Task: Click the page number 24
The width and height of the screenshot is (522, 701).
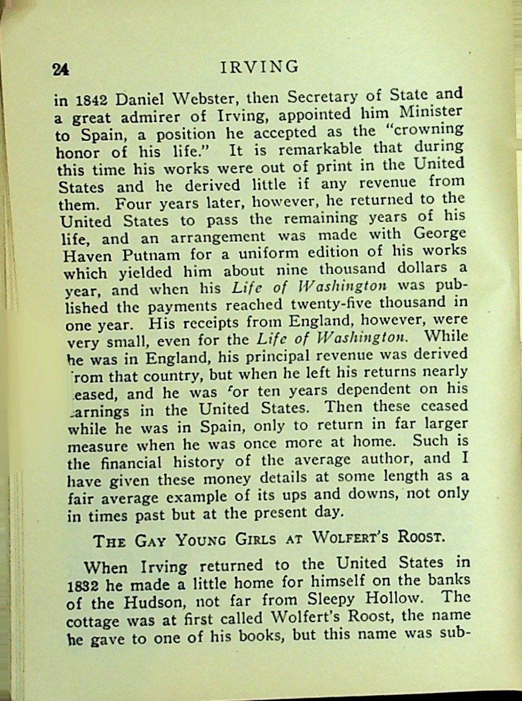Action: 61,69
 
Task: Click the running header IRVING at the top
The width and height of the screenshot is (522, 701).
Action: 260,66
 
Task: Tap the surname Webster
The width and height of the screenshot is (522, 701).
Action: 203,98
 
